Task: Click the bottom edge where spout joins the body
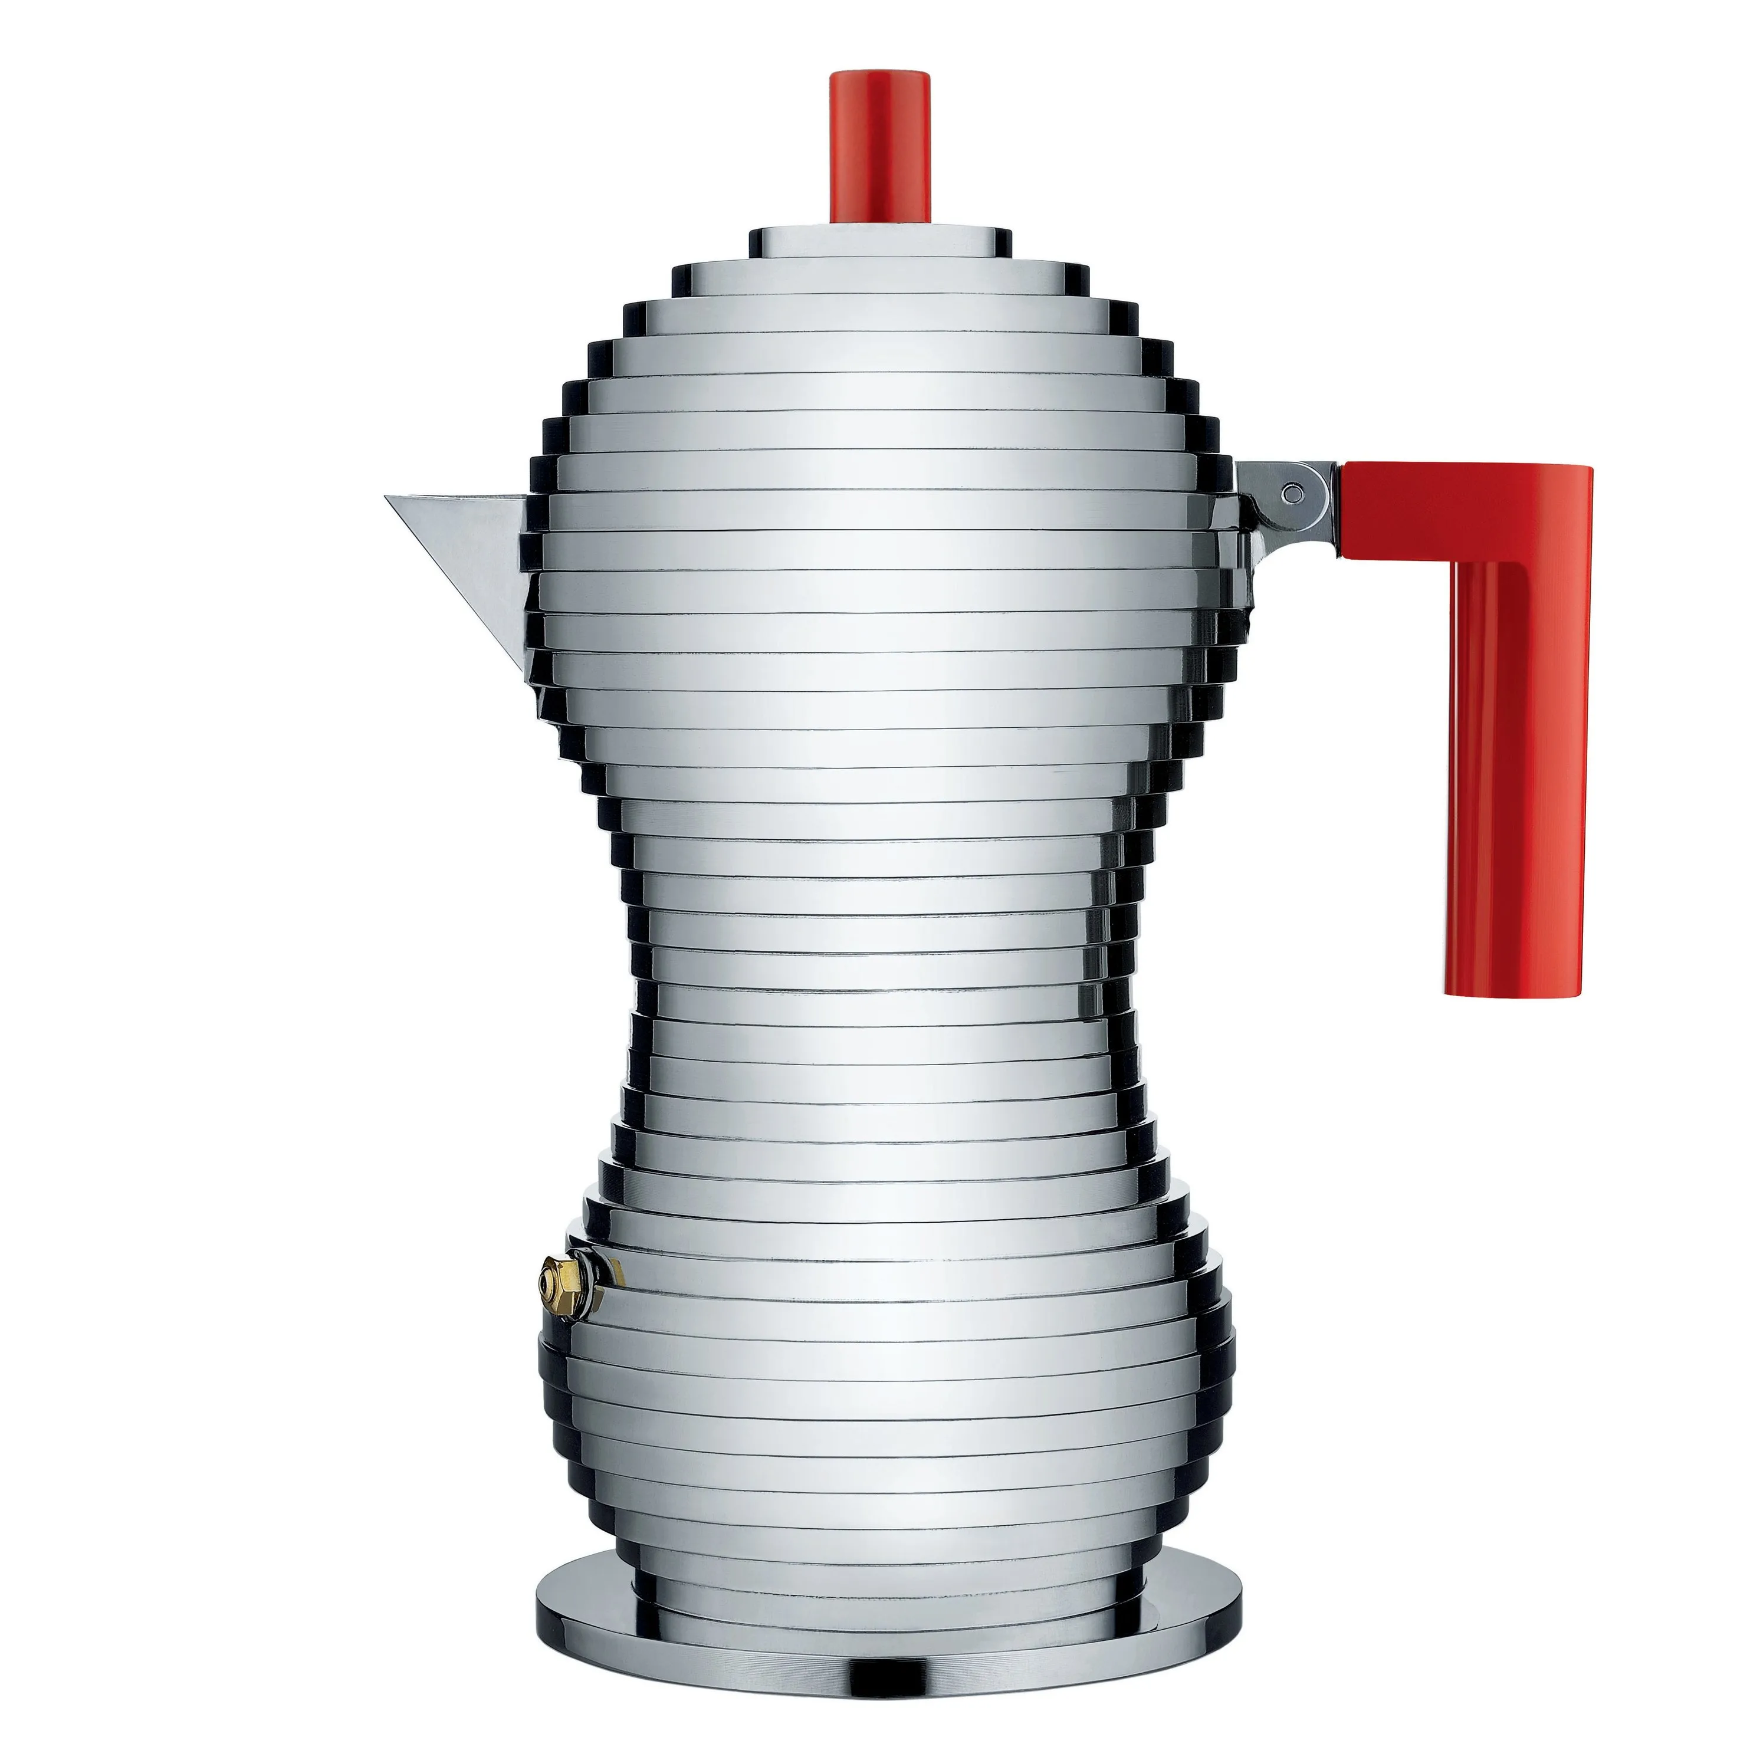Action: pyautogui.click(x=533, y=679)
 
